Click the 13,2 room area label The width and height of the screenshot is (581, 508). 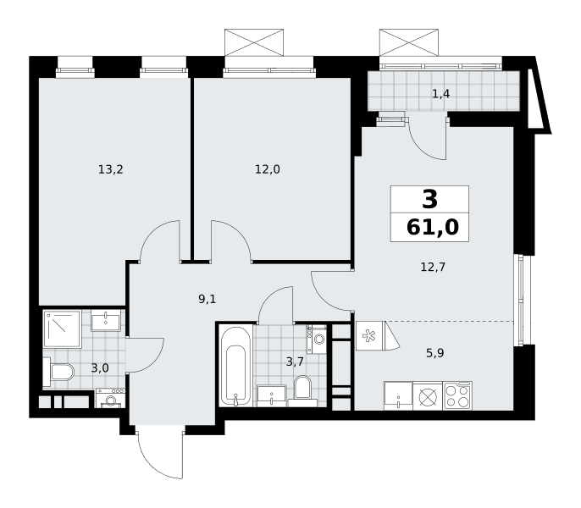pyautogui.click(x=110, y=169)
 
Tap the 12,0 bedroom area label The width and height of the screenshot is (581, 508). pyautogui.click(x=267, y=169)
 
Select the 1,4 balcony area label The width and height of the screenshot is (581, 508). pyautogui.click(x=441, y=94)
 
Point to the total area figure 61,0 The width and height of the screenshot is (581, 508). pyautogui.click(x=433, y=227)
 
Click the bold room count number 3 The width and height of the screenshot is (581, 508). pyautogui.click(x=430, y=199)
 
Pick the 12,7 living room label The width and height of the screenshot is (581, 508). pyautogui.click(x=433, y=267)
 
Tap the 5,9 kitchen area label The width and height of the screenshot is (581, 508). pyautogui.click(x=435, y=353)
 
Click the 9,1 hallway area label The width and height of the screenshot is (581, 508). pyautogui.click(x=207, y=299)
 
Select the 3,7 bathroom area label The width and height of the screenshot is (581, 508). pyautogui.click(x=295, y=362)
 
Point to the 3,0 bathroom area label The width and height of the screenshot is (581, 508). pyautogui.click(x=100, y=368)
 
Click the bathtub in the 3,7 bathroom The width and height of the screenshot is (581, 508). pyautogui.click(x=235, y=366)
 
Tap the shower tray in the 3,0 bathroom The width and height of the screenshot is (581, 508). pyautogui.click(x=63, y=329)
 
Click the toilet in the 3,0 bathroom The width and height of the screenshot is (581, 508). pyautogui.click(x=58, y=372)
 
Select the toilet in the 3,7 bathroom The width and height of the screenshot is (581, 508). pyautogui.click(x=302, y=389)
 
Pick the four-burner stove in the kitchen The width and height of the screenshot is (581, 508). pyautogui.click(x=457, y=396)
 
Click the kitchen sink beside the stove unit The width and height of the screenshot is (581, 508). pyautogui.click(x=398, y=396)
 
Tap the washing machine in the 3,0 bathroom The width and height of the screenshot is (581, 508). pyautogui.click(x=109, y=398)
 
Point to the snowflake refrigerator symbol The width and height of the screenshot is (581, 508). pyautogui.click(x=369, y=335)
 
